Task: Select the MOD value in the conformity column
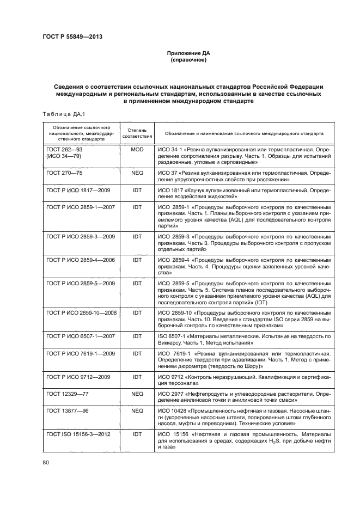137,149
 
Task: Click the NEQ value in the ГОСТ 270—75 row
137,173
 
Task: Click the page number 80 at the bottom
46,463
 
